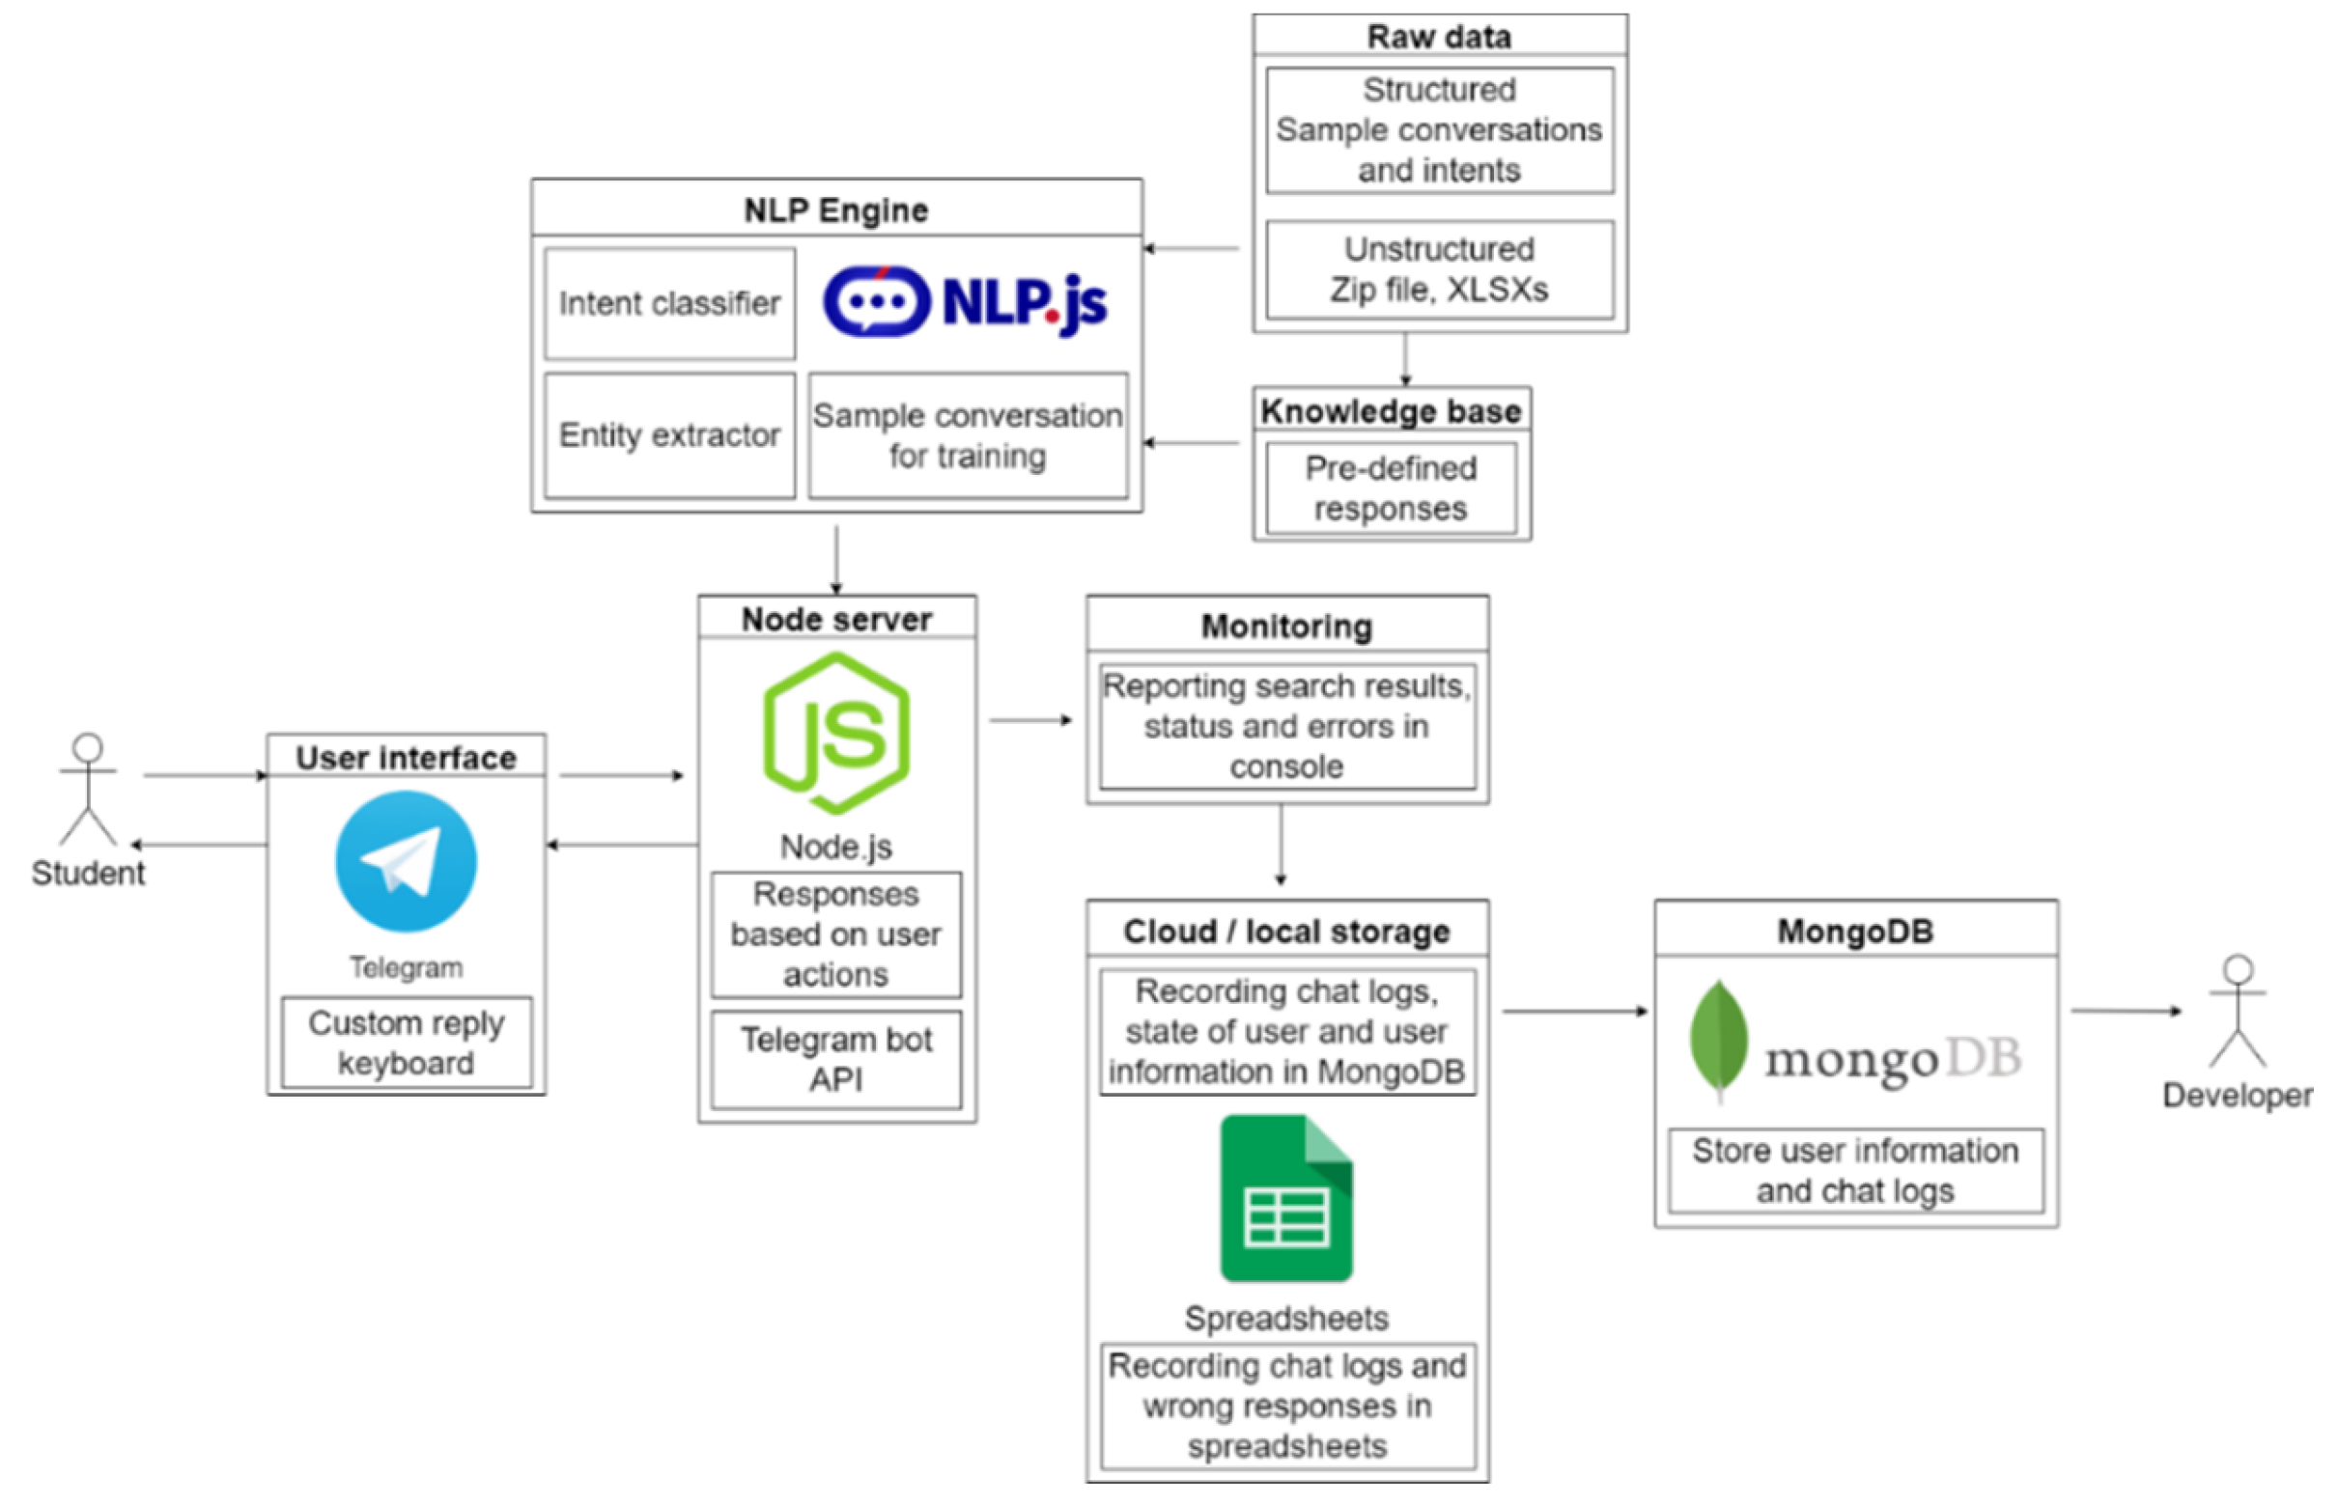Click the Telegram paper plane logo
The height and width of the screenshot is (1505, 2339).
pyautogui.click(x=406, y=861)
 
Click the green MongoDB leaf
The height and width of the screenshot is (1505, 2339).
pyautogui.click(x=1717, y=1039)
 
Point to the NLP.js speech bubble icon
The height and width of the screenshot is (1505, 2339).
pyautogui.click(x=876, y=301)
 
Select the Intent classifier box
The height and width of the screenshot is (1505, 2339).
pyautogui.click(x=669, y=304)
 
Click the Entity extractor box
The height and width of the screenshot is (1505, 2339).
pyautogui.click(x=669, y=434)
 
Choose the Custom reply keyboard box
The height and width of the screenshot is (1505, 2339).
pyautogui.click(x=406, y=1043)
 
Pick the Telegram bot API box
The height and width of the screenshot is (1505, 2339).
pyautogui.click(x=836, y=1059)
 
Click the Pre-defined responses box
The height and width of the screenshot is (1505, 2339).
pyautogui.click(x=1390, y=488)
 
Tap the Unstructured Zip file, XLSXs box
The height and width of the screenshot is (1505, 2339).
pyautogui.click(x=1439, y=269)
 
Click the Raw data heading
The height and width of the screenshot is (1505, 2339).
pyautogui.click(x=1439, y=37)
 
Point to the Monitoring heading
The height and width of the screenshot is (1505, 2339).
pyautogui.click(x=1286, y=627)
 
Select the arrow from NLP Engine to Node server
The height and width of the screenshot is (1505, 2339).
pyautogui.click(x=835, y=559)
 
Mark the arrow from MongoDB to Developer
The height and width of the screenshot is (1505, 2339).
pyautogui.click(x=2126, y=1011)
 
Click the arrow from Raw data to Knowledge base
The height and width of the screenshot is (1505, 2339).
pyautogui.click(x=1405, y=360)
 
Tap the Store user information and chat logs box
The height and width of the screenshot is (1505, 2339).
pyautogui.click(x=1855, y=1171)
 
